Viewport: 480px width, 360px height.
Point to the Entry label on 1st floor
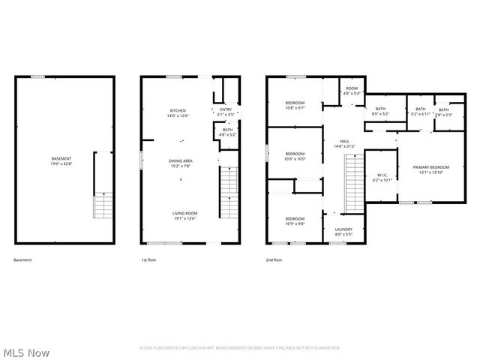(225, 112)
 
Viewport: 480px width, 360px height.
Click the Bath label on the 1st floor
(227, 133)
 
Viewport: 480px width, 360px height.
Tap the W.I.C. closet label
(382, 178)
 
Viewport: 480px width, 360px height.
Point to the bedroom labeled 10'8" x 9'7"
(295, 105)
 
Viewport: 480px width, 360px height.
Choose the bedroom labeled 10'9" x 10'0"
(295, 156)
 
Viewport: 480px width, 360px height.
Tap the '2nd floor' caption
(274, 259)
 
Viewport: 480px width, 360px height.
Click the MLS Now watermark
(26, 352)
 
